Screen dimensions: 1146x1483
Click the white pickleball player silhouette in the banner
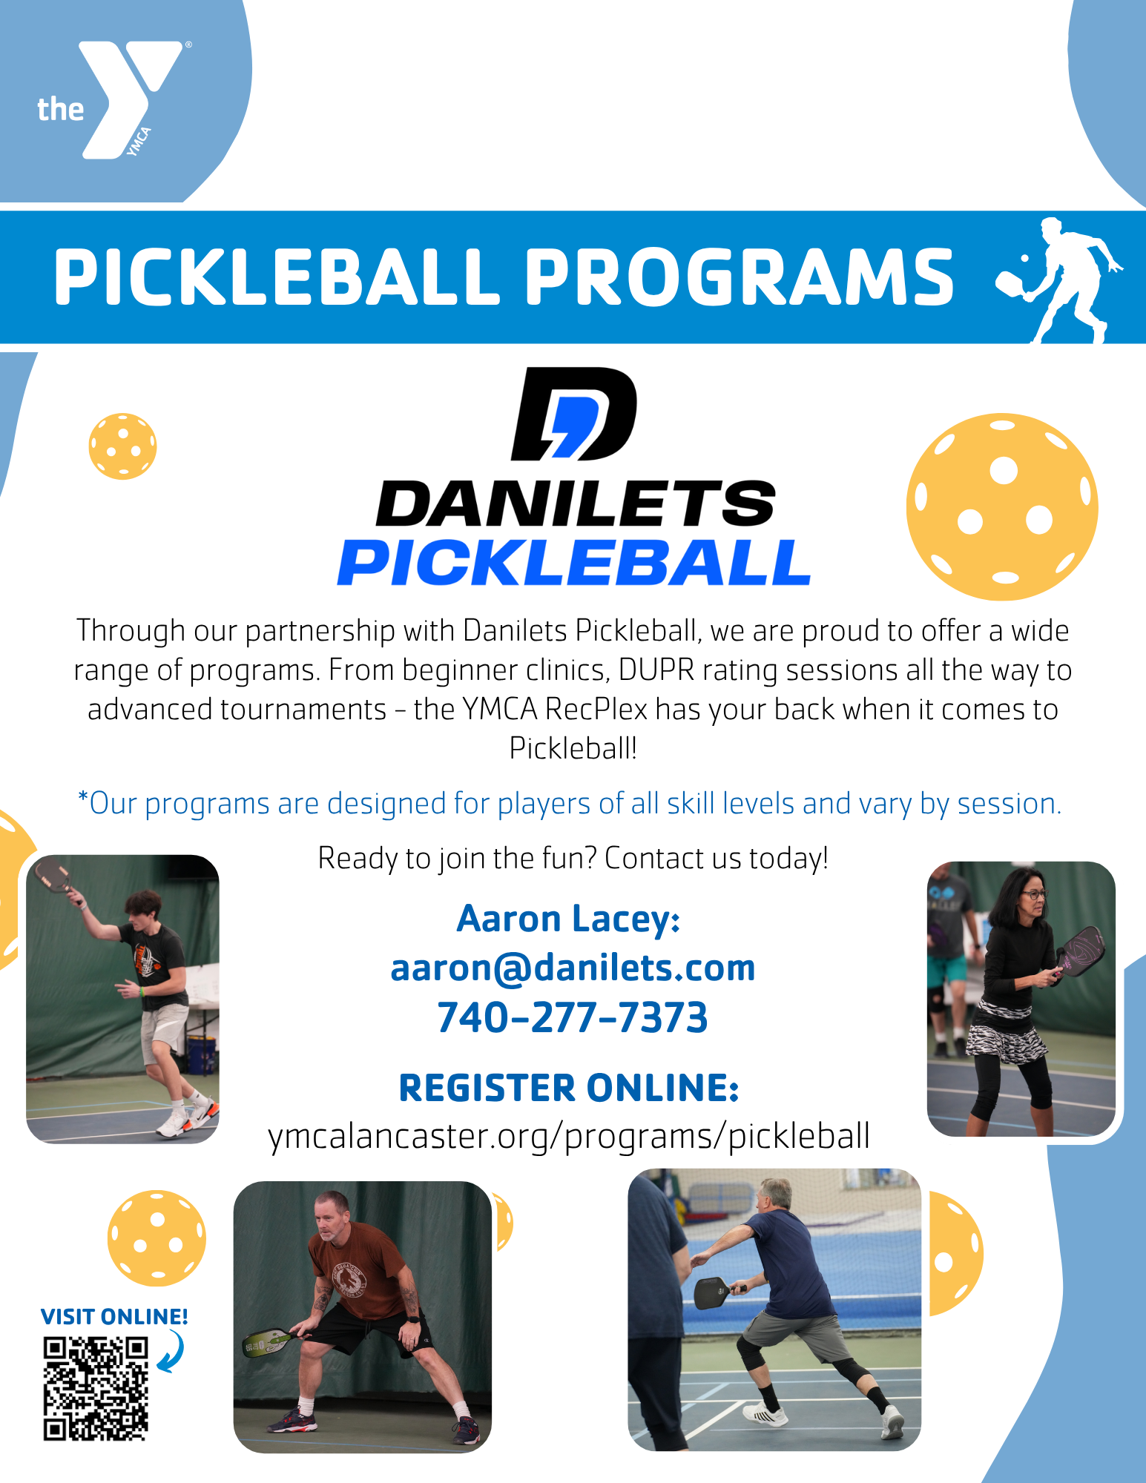[1060, 280]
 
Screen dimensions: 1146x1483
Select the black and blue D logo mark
[574, 414]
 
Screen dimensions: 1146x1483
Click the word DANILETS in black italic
[576, 503]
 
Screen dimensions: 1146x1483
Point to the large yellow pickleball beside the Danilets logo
[1002, 507]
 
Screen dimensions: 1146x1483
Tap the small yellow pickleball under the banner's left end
[122, 446]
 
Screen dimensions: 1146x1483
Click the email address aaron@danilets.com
[573, 968]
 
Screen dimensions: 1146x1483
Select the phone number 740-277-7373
[573, 1017]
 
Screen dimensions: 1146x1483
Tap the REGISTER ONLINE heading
[569, 1088]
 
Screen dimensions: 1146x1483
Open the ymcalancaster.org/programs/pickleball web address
[569, 1136]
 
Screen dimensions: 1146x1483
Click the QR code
[96, 1388]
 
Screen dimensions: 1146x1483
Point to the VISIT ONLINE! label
[114, 1317]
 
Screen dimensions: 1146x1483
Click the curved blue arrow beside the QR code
[172, 1351]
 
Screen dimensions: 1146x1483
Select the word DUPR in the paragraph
[656, 670]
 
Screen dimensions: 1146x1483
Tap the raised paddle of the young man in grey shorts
[52, 876]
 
